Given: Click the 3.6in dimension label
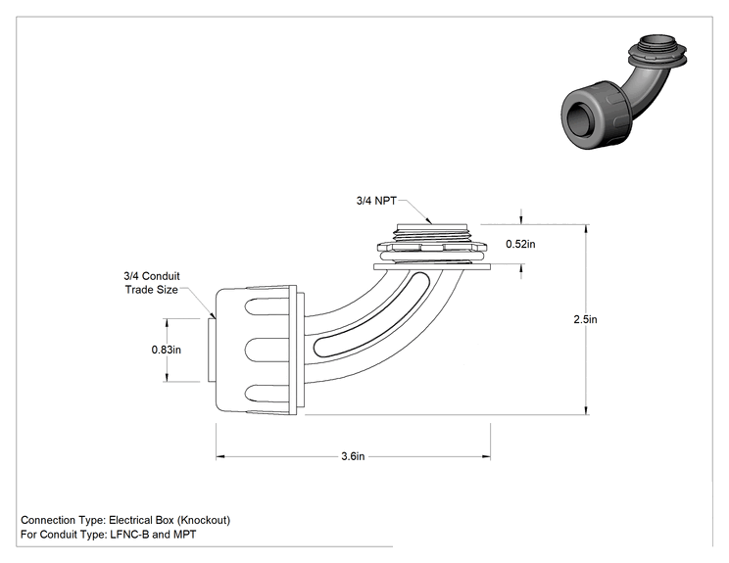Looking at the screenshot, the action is coord(353,456).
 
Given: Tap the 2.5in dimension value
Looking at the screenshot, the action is coord(585,319).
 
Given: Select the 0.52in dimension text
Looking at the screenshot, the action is coord(520,244).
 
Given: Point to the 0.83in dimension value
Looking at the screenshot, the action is coord(166,350).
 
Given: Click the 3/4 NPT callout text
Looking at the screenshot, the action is coord(376,201).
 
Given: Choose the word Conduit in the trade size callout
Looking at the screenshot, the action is coord(161,276).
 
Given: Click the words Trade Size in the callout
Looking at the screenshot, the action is coord(152,290).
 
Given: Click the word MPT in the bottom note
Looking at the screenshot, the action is coord(184,535).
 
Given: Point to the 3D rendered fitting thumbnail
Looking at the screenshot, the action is coord(624,92).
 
